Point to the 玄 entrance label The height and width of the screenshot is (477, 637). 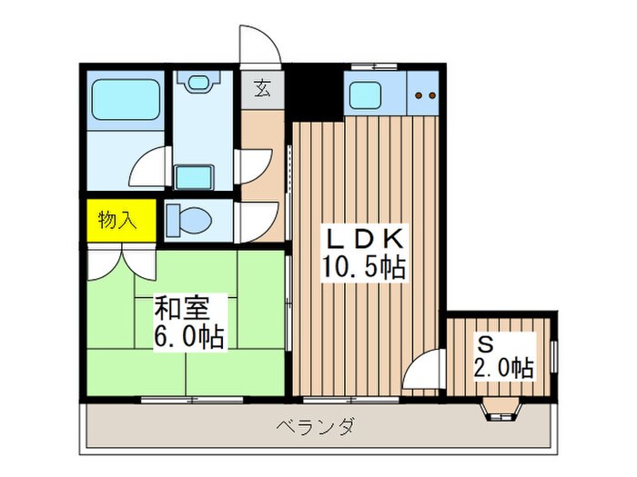pos(262,89)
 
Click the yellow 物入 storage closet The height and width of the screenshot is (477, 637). pos(117,220)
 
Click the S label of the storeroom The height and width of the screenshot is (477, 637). pos(486,344)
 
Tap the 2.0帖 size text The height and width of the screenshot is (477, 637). pos(502,368)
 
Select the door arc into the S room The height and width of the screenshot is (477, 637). pos(422,373)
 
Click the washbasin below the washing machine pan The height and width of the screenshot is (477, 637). pos(193,175)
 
